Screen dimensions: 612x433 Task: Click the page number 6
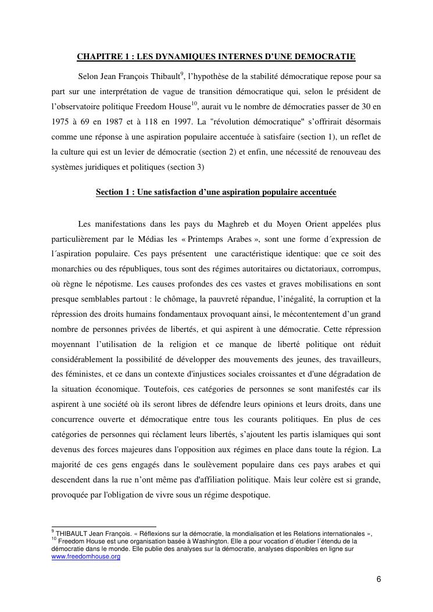pos(378,579)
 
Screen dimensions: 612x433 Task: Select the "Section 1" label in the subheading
pos(112,192)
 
